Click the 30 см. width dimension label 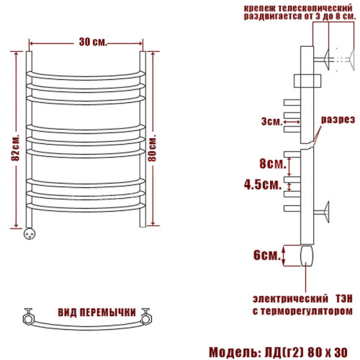(x=93, y=42)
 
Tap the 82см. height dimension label (x=15, y=149)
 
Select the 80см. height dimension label (x=152, y=148)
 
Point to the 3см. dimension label (x=272, y=122)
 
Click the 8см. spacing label (x=273, y=163)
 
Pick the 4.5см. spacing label (x=263, y=185)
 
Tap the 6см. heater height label (x=267, y=255)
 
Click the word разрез (x=338, y=120)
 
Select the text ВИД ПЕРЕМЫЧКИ (x=97, y=312)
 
